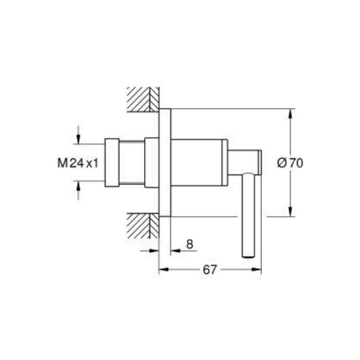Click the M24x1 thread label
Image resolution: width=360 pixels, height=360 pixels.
[78, 163]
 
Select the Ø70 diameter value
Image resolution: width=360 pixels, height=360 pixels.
[290, 163]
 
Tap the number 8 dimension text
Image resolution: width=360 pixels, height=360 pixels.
[189, 244]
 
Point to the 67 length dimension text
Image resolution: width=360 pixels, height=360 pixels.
[210, 270]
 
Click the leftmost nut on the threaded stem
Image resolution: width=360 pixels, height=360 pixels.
[112, 162]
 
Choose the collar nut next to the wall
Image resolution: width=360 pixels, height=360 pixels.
[152, 162]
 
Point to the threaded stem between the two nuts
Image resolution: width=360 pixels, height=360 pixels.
[132, 162]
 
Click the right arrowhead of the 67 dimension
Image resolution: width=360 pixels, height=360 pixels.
[257, 270]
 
